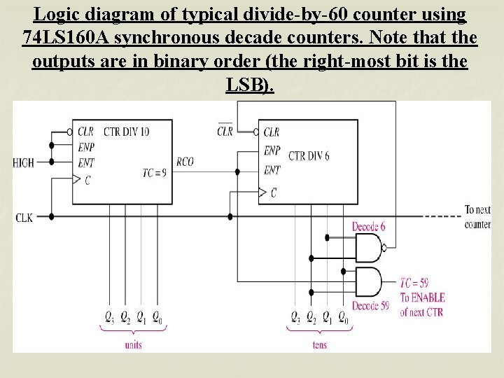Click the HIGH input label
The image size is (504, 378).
point(23,163)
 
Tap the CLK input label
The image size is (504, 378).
point(24,218)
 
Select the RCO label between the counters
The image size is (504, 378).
point(185,162)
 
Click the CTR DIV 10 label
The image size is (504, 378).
point(127,132)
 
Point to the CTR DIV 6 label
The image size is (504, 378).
point(309,155)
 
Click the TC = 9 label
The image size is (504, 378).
point(154,172)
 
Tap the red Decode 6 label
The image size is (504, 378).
point(369,227)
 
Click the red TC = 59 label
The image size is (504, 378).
point(415,283)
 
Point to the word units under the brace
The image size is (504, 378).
point(133,345)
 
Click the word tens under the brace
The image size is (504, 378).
point(320,345)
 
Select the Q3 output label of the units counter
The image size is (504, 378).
point(108,318)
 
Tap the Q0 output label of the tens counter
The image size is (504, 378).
point(343,318)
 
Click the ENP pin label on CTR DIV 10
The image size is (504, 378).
point(87,146)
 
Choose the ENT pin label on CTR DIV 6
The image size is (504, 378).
point(272,170)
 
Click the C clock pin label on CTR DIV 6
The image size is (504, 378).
point(274,192)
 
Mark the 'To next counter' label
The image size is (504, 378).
point(477,217)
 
